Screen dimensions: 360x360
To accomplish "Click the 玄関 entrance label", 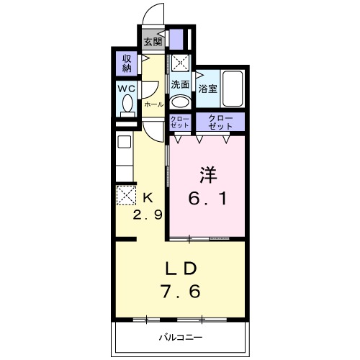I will (x=151, y=40).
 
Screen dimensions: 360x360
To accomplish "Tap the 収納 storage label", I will (x=127, y=64).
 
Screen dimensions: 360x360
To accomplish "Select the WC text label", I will (x=127, y=89).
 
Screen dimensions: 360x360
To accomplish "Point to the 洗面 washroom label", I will (x=180, y=84).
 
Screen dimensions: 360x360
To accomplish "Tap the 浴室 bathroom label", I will (x=208, y=89).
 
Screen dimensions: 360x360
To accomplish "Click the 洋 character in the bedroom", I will (x=207, y=173).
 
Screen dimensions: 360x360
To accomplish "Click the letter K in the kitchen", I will (x=148, y=196).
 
